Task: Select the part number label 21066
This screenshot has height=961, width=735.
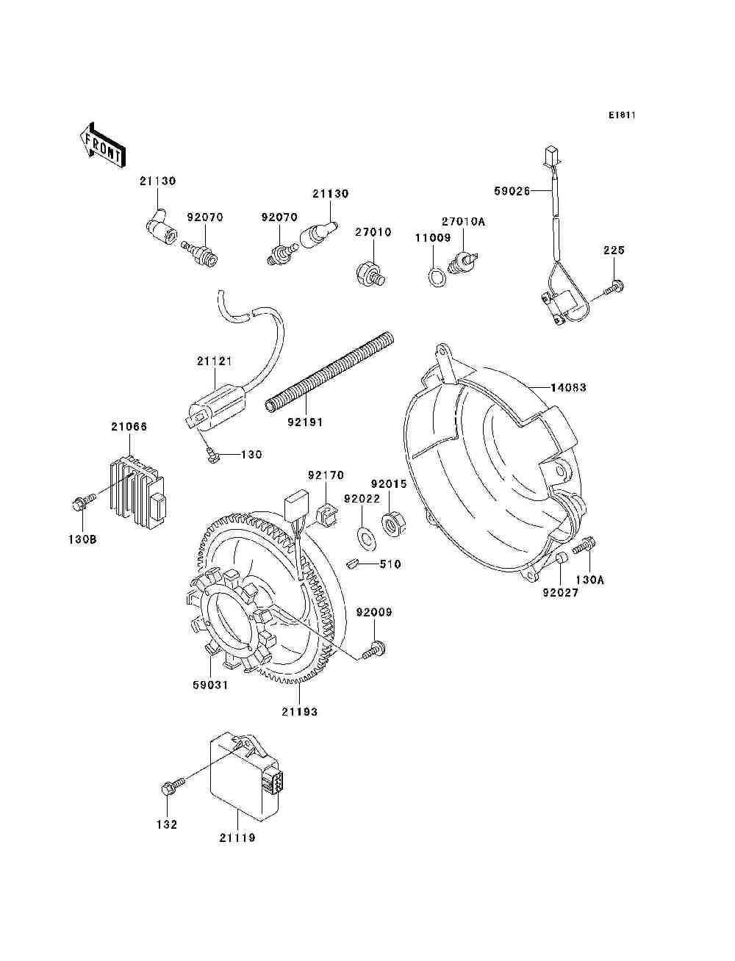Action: [129, 426]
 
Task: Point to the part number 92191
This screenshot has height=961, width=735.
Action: [305, 422]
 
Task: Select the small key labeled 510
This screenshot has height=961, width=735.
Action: [353, 564]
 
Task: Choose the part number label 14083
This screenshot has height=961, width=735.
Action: [568, 387]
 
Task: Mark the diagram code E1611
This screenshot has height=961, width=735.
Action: [621, 115]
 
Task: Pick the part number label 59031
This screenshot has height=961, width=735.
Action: [210, 685]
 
